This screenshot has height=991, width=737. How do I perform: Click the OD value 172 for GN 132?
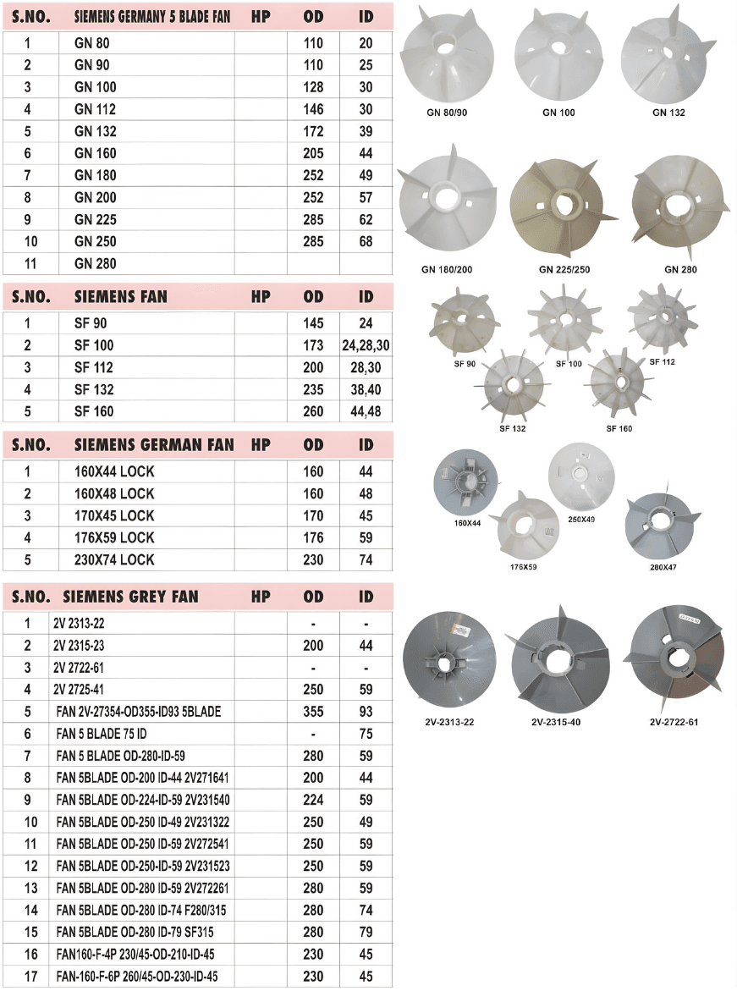[x=313, y=131]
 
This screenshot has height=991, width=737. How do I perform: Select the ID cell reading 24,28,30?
[x=366, y=346]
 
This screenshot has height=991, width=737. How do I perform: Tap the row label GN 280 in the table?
[x=96, y=263]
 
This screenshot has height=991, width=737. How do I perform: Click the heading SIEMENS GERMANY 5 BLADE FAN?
[x=152, y=16]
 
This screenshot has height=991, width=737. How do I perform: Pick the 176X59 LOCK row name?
[x=114, y=538]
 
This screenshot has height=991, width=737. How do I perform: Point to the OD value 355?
[x=313, y=712]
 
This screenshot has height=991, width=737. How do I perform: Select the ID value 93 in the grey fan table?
[x=366, y=712]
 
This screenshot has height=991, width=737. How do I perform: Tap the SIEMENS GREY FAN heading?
[x=130, y=597]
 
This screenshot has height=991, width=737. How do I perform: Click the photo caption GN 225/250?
[x=564, y=269]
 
